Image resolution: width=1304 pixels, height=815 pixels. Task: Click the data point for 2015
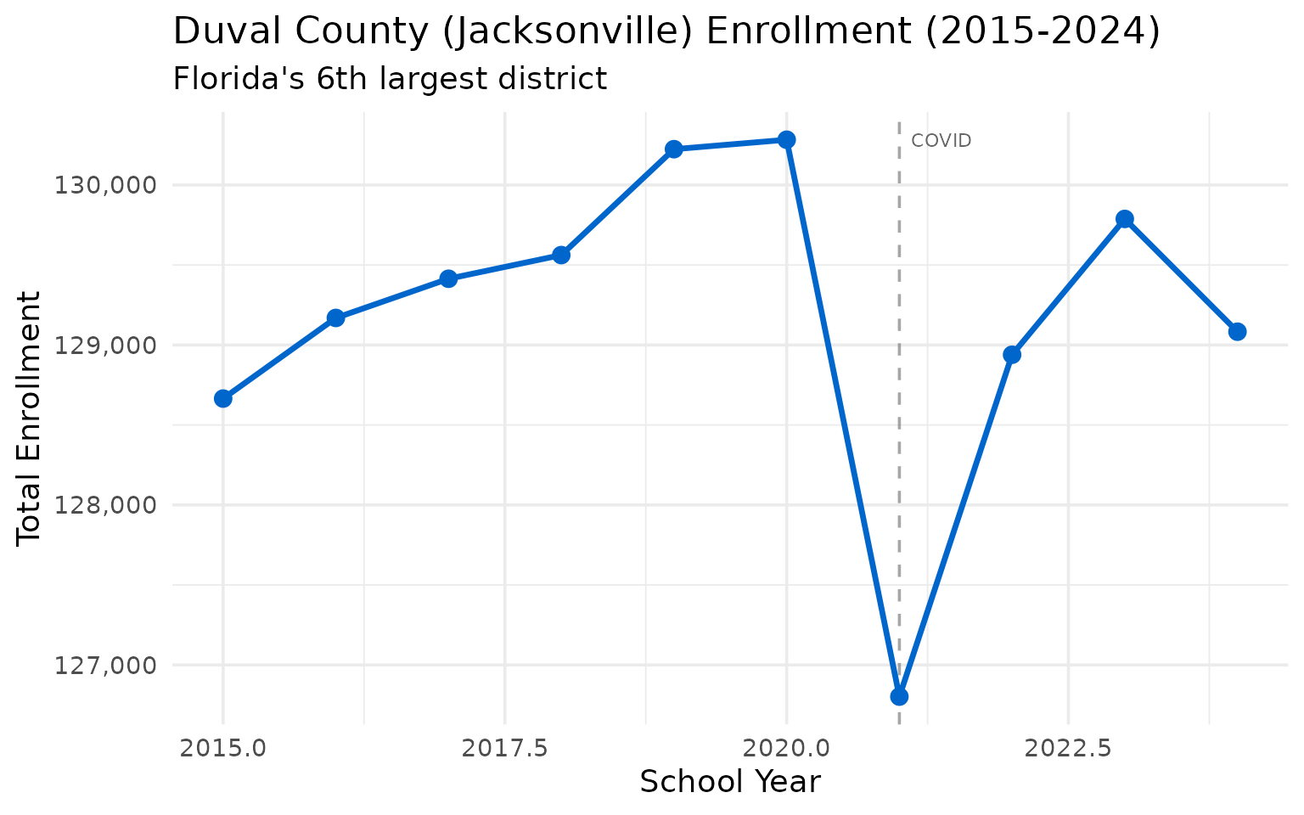tap(223, 398)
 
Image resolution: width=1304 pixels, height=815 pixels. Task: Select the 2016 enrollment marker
tap(335, 318)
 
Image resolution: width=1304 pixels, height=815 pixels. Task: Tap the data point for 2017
tap(448, 278)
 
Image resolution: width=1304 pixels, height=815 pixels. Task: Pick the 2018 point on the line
tap(561, 255)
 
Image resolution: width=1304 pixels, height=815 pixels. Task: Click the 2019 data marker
tap(674, 149)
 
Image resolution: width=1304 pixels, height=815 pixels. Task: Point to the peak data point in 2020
tap(787, 139)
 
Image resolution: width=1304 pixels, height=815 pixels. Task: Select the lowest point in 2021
tap(899, 696)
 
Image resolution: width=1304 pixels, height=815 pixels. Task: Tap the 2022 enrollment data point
tap(1012, 354)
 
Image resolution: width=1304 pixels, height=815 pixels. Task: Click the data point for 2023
tap(1125, 219)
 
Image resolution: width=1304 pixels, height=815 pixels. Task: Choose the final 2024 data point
tap(1237, 331)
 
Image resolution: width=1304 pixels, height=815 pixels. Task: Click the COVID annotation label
tap(941, 141)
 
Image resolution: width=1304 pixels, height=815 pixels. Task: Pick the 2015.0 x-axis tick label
tap(223, 748)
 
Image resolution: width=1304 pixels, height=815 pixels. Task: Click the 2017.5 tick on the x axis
tap(505, 748)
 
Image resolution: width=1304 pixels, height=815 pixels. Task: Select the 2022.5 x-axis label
tap(1068, 748)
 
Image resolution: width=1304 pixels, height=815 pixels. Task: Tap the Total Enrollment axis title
tap(29, 418)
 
